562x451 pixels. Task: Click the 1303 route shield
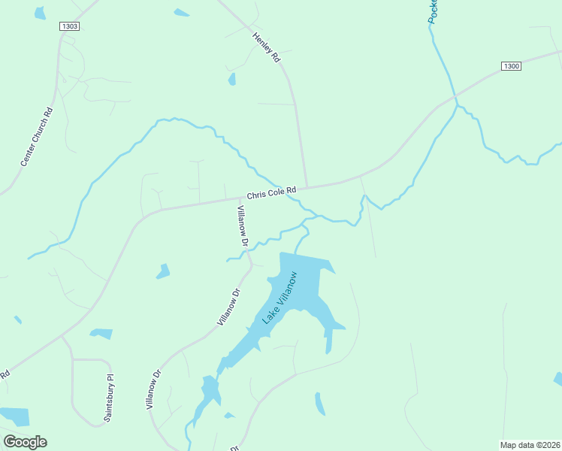[x=69, y=26]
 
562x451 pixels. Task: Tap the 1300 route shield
[x=511, y=66]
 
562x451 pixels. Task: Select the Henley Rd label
[x=266, y=47]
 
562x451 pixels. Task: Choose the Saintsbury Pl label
[x=109, y=398]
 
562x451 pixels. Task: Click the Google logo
[x=25, y=441]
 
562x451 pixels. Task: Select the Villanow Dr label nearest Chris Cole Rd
[x=243, y=225]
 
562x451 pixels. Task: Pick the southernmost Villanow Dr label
[x=154, y=389]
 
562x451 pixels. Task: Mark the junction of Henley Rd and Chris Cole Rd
[x=307, y=186]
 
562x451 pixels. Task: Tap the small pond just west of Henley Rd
[x=232, y=79]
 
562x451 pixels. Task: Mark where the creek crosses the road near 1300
[x=455, y=97]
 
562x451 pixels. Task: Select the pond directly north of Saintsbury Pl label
[x=101, y=333]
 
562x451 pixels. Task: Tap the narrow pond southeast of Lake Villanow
[x=320, y=404]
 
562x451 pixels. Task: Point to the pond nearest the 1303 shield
[x=39, y=13]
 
